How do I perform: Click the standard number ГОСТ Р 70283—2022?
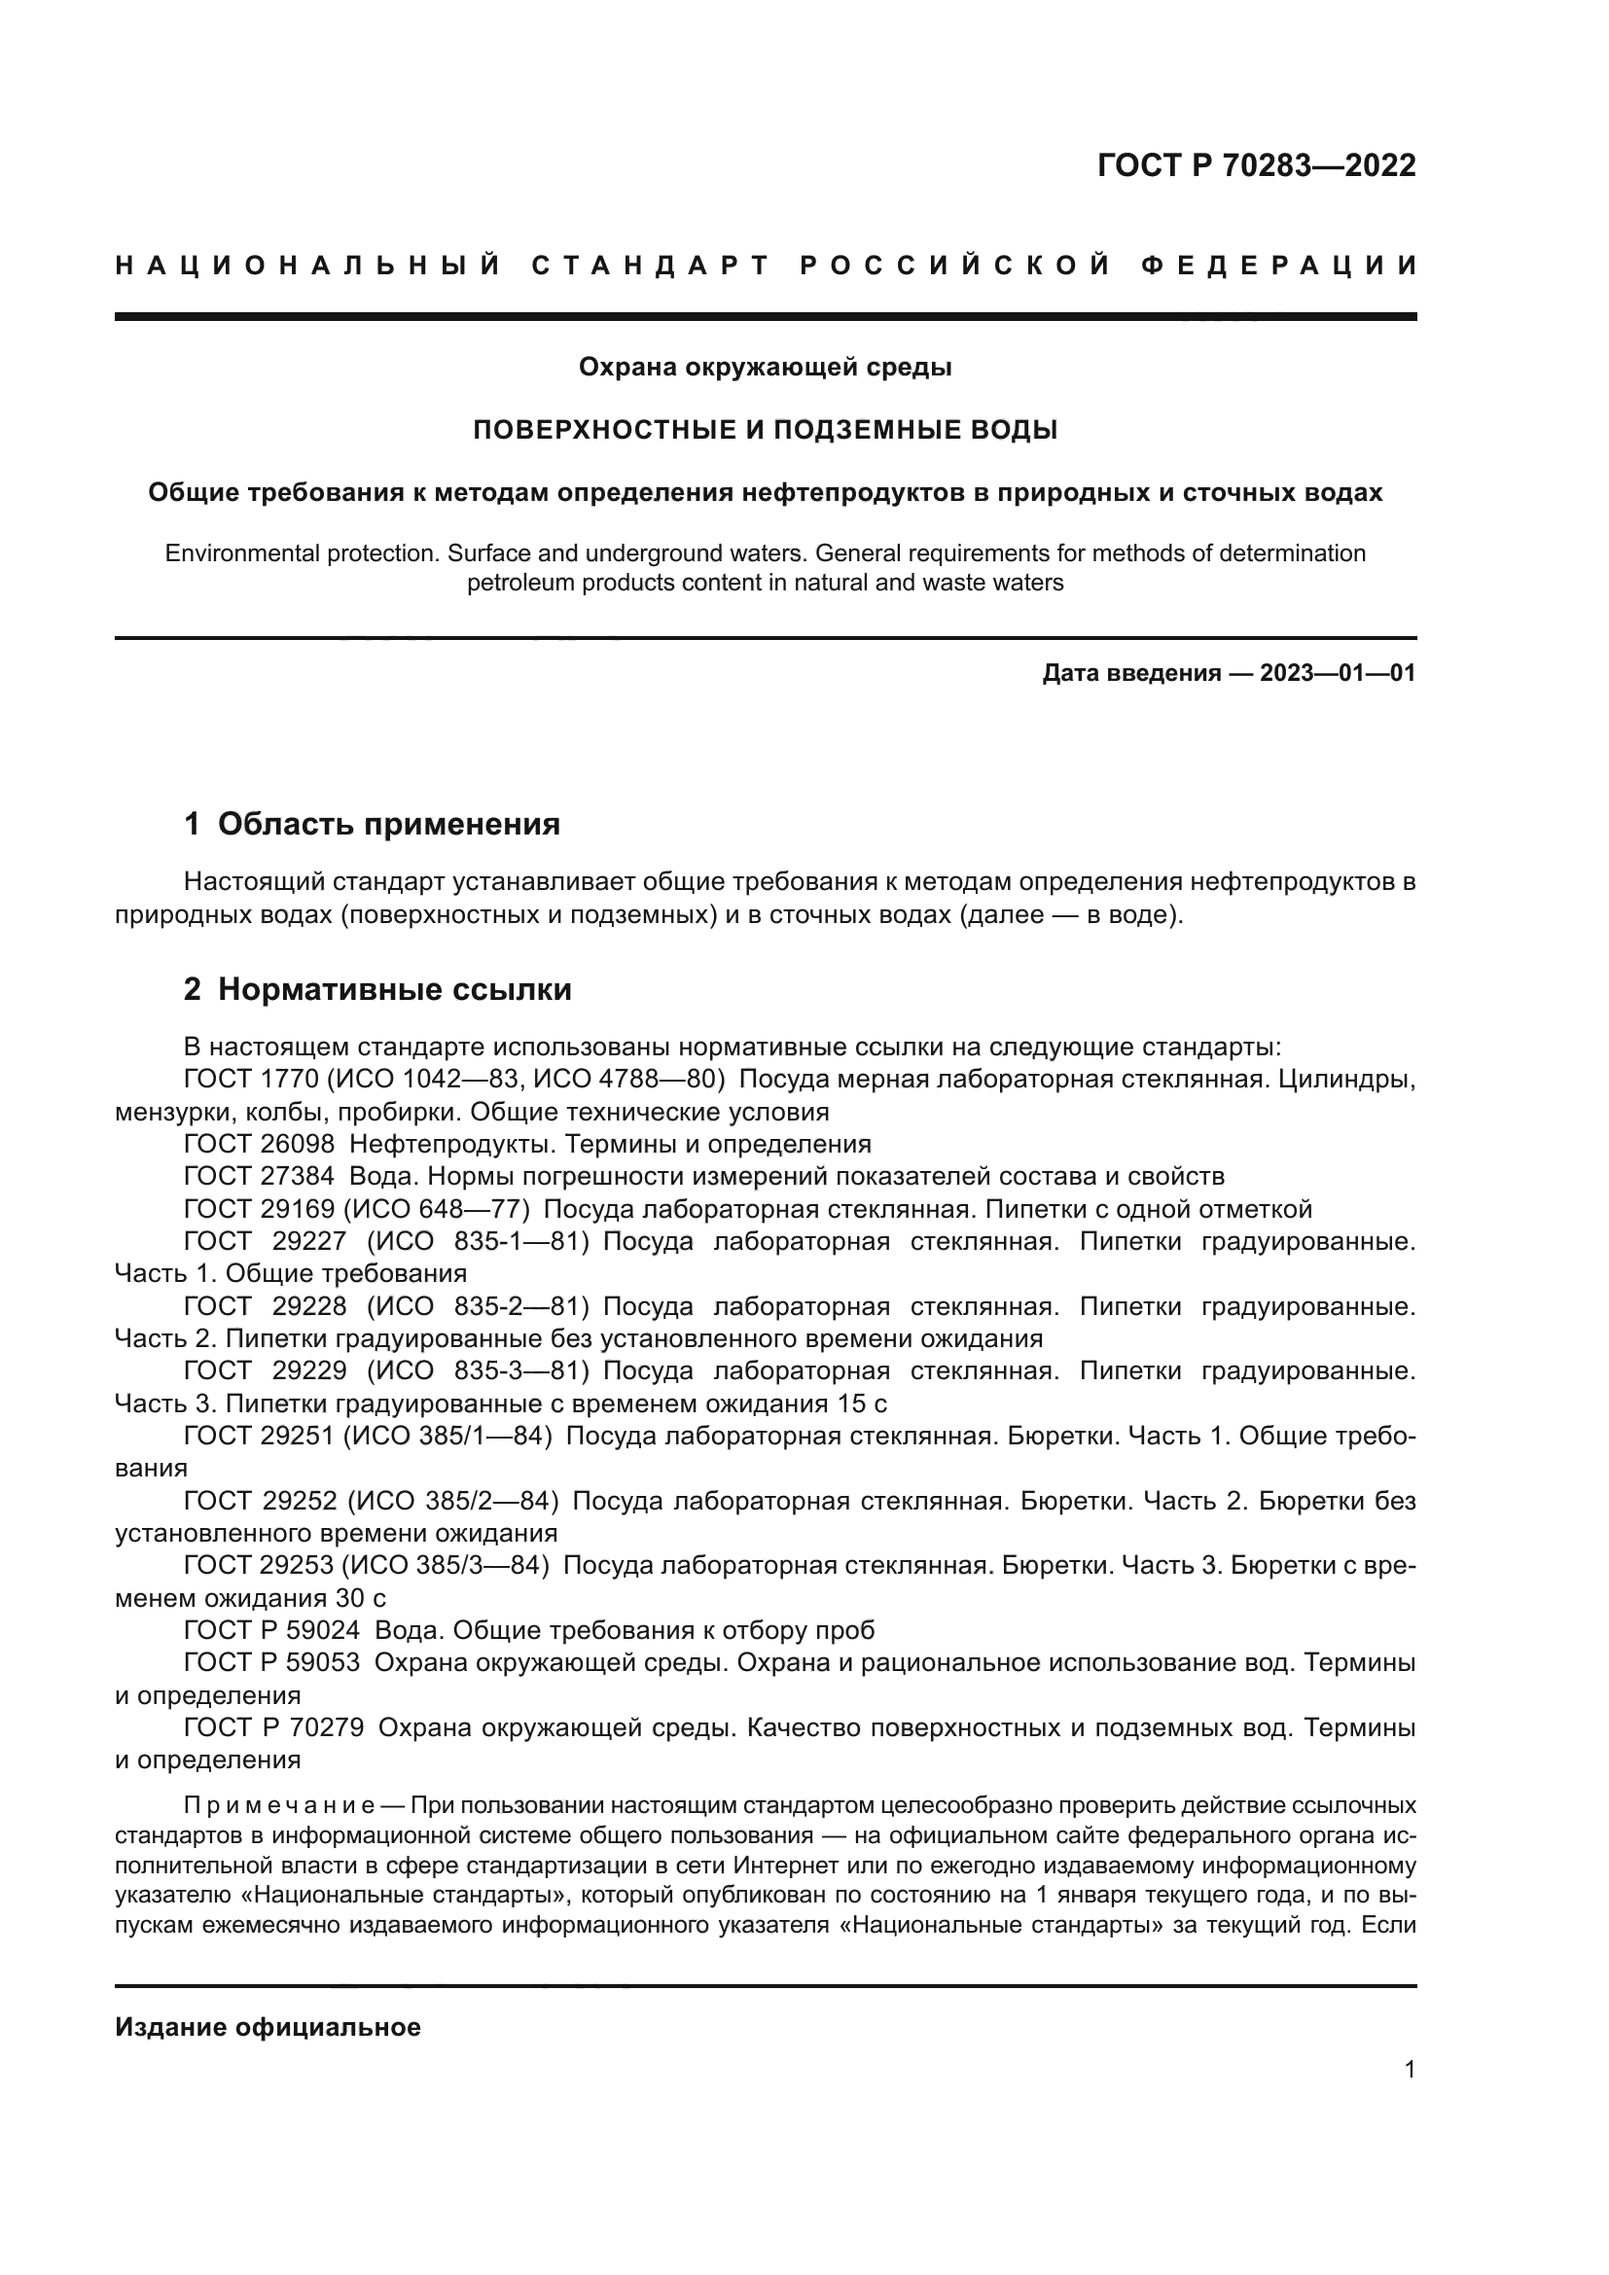[1256, 165]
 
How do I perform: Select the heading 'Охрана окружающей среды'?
[765, 368]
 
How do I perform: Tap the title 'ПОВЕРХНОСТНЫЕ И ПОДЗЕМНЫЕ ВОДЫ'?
[765, 430]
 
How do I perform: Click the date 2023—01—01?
[1338, 674]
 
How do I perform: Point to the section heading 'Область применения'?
[388, 824]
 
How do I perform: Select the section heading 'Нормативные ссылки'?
[394, 989]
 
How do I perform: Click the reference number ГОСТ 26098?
[260, 1145]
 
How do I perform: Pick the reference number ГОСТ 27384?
[260, 1176]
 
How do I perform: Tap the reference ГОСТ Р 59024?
[272, 1631]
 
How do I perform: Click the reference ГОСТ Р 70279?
[273, 1728]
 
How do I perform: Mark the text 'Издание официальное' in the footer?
[268, 2027]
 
